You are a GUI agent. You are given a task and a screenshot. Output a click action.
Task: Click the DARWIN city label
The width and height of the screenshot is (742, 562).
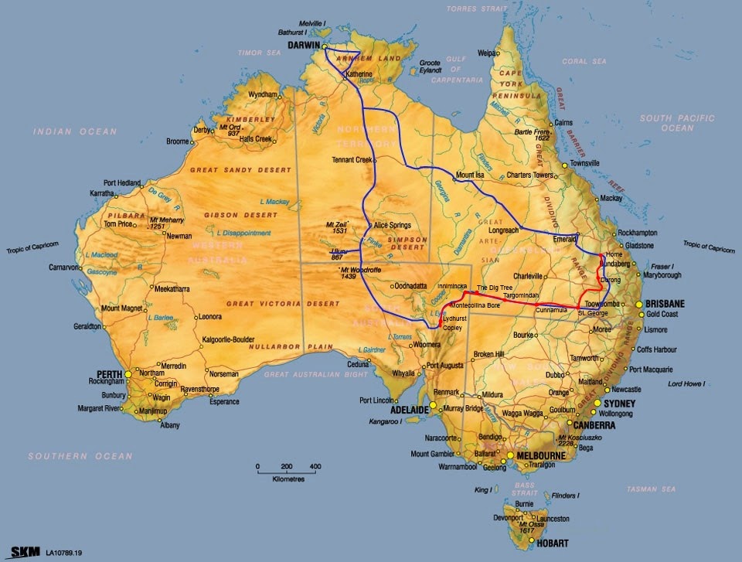coord(305,46)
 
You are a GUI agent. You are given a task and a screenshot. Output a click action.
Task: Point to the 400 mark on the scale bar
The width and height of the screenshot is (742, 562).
coord(315,467)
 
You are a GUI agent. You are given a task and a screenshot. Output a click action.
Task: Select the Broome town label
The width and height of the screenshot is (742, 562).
coord(178,141)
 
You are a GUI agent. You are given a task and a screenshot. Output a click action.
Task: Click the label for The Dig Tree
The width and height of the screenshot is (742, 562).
coord(494,288)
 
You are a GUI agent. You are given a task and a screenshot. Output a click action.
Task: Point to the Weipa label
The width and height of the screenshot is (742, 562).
coord(487,53)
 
